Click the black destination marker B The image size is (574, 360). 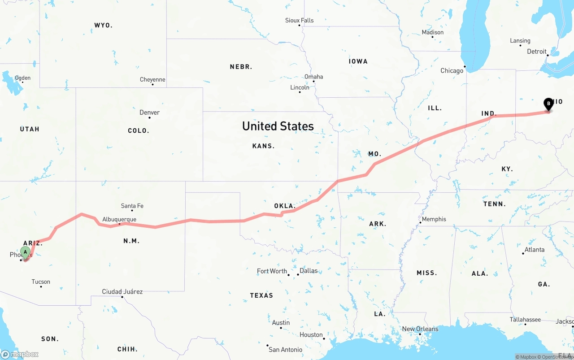tap(548, 104)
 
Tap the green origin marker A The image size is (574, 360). tap(26, 252)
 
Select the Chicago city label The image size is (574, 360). tap(452, 71)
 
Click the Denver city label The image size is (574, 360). tap(149, 113)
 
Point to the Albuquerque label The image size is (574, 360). tap(119, 219)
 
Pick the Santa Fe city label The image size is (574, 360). tap(132, 206)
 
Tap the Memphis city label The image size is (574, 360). tap(434, 219)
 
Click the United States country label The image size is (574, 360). tap(278, 126)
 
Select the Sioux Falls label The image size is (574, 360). tap(299, 20)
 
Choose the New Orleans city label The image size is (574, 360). tap(420, 329)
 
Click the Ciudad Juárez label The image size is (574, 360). tap(122, 291)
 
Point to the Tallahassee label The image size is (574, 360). tap(525, 320)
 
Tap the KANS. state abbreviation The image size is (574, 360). tap(263, 146)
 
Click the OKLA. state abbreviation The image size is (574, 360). tap(285, 206)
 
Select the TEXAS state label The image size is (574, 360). tap(261, 295)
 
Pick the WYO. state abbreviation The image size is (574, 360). tap(103, 25)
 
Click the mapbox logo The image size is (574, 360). tap(20, 354)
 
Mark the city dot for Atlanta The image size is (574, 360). tap(523, 254)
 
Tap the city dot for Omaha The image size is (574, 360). tap(313, 81)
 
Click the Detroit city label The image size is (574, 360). tap(537, 52)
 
